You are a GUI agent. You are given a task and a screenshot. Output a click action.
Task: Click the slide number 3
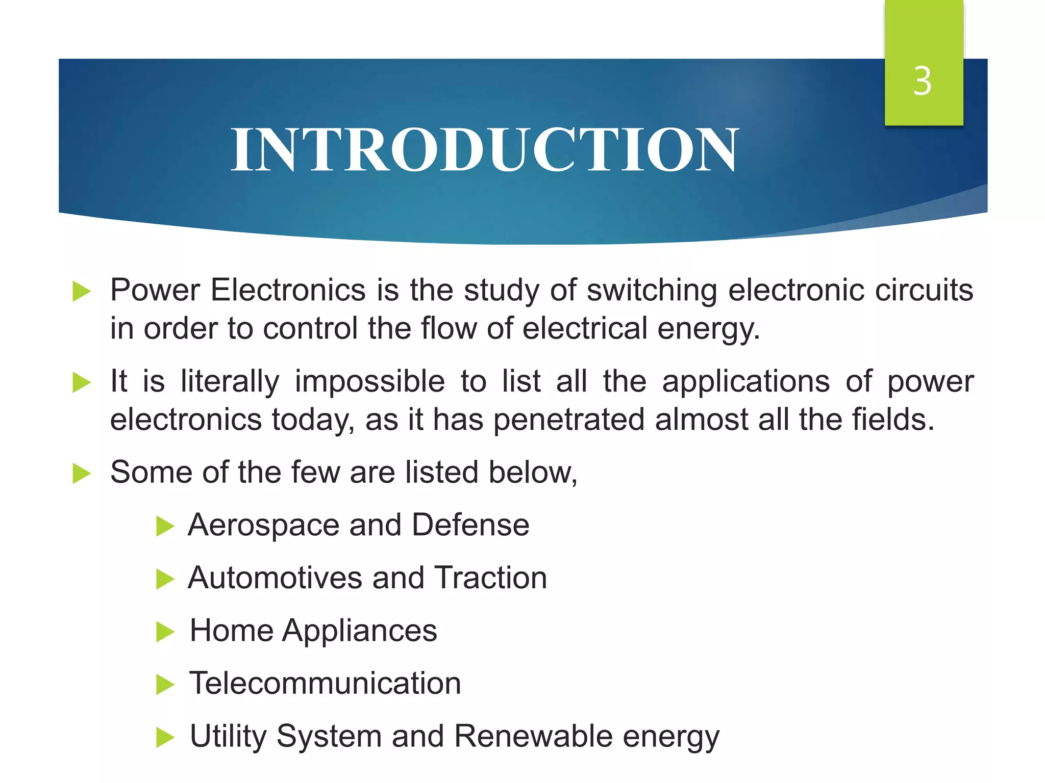[x=923, y=82]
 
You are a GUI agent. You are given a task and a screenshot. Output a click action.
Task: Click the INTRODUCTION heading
[x=485, y=150]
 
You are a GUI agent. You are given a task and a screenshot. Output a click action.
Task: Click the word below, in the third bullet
[x=533, y=473]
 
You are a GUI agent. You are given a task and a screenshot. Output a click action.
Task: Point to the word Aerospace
[x=263, y=526]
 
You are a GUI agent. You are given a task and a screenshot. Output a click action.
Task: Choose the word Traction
[x=490, y=578]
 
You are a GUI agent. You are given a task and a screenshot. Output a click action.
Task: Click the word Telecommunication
[x=325, y=684]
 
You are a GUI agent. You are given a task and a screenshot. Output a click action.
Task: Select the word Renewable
[x=533, y=737]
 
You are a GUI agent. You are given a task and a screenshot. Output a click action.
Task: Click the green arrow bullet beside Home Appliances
[x=165, y=632]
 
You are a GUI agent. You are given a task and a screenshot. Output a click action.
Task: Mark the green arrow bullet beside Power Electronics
[x=82, y=292]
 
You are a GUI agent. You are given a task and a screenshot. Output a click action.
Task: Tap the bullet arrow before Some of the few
[x=82, y=473]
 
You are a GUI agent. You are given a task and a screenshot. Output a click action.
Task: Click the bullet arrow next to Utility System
[x=165, y=737]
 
